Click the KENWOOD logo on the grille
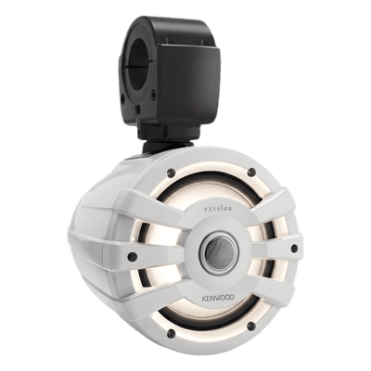pos(218,298)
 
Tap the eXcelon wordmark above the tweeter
pos(217,209)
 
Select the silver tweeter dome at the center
pos(220,250)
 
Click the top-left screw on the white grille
pos(171,173)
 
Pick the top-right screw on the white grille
pos(252,171)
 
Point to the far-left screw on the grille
pos(133,256)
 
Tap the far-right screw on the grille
pos(294,248)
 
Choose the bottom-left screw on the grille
pos(170,332)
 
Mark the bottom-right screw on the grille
pos(252,326)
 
